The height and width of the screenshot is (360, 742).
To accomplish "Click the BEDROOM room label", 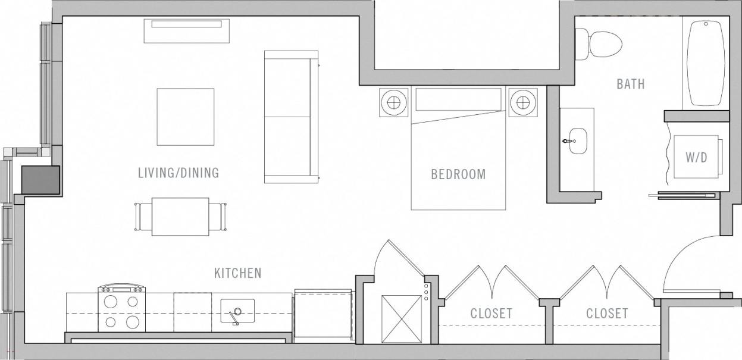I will (x=458, y=174).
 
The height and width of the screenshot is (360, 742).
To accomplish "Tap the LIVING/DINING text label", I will (x=179, y=173).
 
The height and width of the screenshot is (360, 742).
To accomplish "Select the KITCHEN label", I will (x=237, y=273).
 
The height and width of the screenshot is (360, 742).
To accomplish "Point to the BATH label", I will (x=630, y=84).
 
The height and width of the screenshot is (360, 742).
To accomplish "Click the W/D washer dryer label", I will (x=697, y=158).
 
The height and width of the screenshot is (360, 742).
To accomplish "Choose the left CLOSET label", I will (x=491, y=313).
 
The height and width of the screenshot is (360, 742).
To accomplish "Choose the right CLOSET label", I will (x=606, y=313).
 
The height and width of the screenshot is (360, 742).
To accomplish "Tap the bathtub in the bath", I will (x=706, y=62).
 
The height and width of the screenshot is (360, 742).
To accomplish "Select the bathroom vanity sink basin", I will (x=577, y=141).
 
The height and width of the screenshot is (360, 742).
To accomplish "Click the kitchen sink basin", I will (x=237, y=311).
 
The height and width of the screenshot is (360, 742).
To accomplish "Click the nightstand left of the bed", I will (x=394, y=102).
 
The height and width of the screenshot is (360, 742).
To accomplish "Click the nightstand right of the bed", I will (x=523, y=102).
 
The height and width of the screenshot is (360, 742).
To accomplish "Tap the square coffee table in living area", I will (x=186, y=117).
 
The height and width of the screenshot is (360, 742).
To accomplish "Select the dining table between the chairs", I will (x=180, y=217).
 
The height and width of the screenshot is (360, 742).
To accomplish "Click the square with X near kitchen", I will (x=401, y=318).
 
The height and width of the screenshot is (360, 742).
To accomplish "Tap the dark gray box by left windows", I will (x=40, y=180).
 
